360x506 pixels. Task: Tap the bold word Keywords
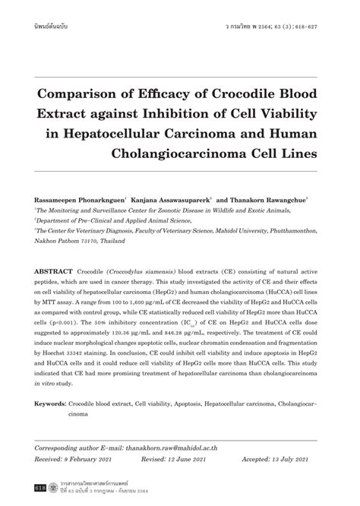tap(50, 405)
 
